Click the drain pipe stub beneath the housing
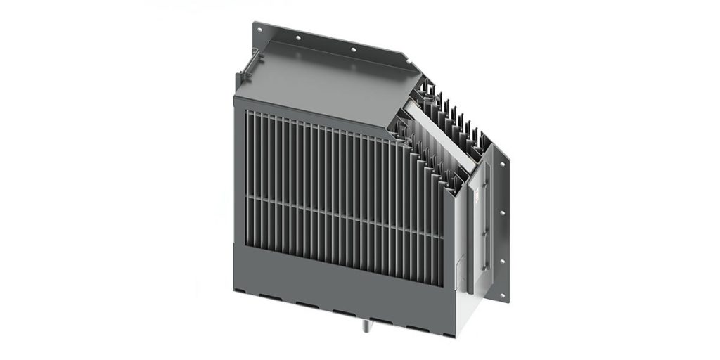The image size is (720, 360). pyautogui.click(x=367, y=324)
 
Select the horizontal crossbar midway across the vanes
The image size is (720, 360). pyautogui.click(x=337, y=204)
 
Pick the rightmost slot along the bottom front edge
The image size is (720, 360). pyautogui.click(x=420, y=316)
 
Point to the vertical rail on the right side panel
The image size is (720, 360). pyautogui.click(x=485, y=232)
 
